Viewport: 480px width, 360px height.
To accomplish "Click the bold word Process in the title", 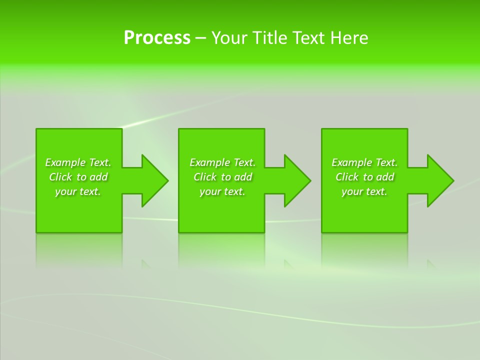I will [x=157, y=38].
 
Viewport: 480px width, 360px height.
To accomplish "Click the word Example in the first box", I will [x=65, y=162].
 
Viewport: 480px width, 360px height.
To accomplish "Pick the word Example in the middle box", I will [x=209, y=162].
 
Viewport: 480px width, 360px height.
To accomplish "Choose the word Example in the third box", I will [x=351, y=162].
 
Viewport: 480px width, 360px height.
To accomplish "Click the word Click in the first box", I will [x=60, y=177].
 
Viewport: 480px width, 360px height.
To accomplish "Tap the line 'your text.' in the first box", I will [x=78, y=191].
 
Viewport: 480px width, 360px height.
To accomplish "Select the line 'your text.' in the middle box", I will [x=222, y=191].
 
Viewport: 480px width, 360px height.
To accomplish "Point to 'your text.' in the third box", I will [x=364, y=191].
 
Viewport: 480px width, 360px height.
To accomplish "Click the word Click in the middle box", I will [x=204, y=177].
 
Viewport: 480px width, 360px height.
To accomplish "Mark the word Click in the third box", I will [x=346, y=177].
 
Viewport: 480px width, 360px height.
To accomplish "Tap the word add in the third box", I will [x=385, y=177].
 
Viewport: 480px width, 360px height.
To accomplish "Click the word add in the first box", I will [x=98, y=177].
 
